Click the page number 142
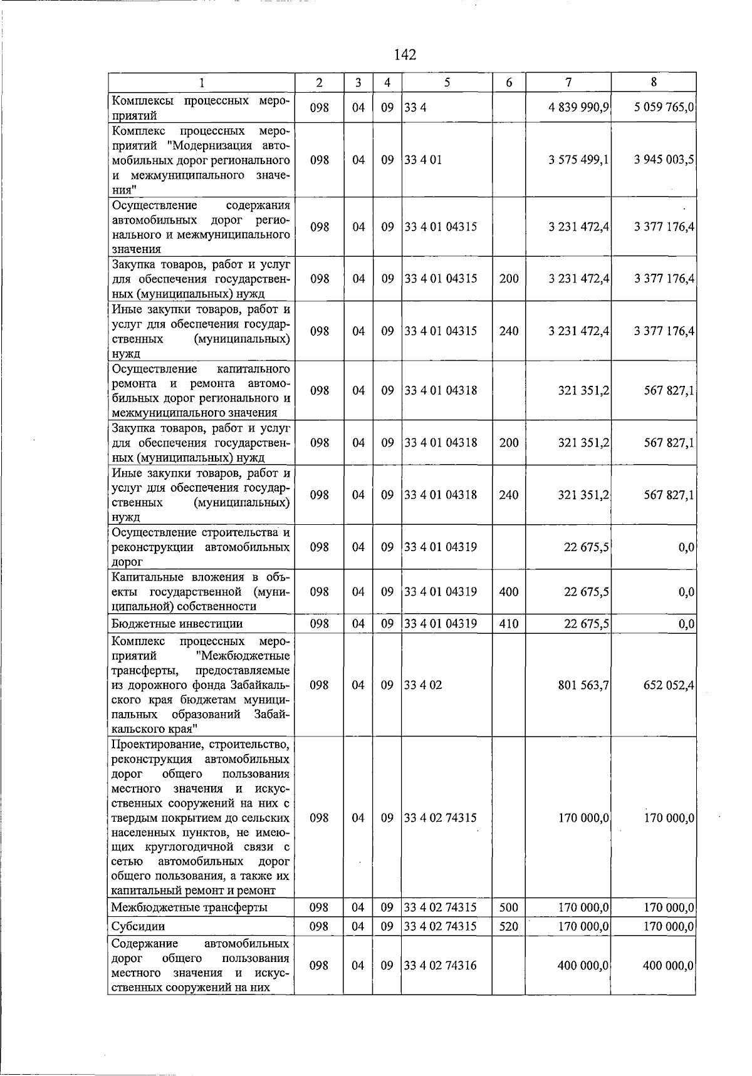405,55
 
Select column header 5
446,82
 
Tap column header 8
653,82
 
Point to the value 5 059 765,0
664,108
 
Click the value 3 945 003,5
664,160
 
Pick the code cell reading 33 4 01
423,160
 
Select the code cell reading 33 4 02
423,685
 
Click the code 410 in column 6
508,623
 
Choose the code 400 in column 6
508,591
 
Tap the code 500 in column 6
508,908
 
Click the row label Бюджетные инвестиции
177,624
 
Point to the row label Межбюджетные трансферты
189,908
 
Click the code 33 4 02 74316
440,966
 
